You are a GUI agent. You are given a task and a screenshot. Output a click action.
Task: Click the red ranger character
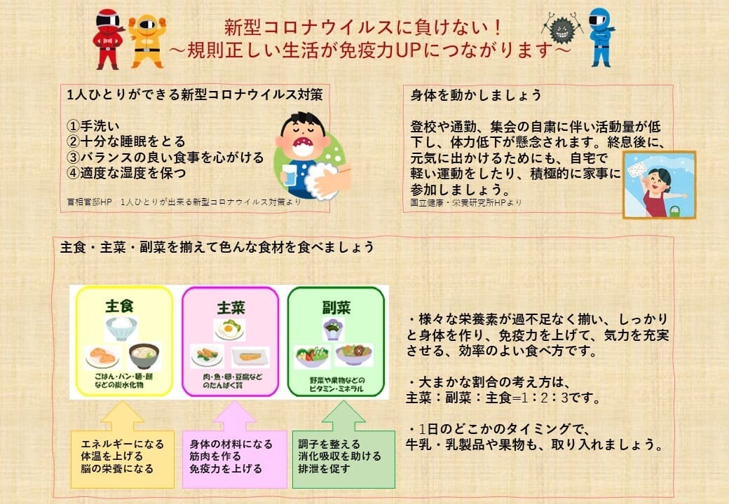coord(109,39)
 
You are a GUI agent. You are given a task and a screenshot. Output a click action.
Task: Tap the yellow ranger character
coord(147,41)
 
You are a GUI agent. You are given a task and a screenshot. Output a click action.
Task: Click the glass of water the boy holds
coord(289,176)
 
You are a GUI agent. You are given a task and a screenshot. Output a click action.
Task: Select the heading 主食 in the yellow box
coord(119,307)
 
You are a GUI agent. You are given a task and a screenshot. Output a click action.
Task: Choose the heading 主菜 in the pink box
coord(231,308)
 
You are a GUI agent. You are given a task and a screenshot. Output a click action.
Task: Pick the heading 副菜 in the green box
coord(336,307)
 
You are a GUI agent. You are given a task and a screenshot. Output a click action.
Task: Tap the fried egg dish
coord(229,330)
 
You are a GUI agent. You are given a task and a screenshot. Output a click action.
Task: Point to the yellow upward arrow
coord(122,416)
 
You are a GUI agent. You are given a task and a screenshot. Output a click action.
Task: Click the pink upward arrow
coord(234,416)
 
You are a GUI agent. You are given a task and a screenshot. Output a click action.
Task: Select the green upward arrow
coord(343,416)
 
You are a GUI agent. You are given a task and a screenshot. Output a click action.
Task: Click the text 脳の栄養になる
coord(116,469)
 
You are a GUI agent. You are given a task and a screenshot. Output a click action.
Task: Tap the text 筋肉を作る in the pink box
coord(215,456)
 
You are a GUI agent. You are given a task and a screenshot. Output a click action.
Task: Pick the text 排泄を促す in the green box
coord(324,469)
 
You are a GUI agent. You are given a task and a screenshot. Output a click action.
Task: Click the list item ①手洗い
coord(93,126)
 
